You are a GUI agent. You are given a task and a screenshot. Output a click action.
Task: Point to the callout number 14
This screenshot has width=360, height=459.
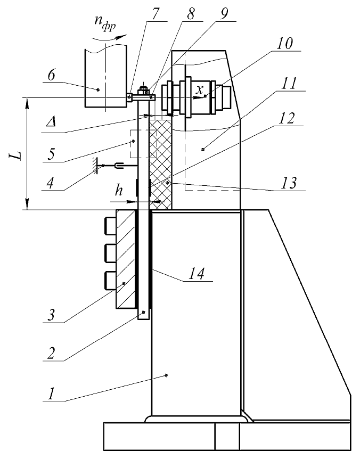tap(196, 274)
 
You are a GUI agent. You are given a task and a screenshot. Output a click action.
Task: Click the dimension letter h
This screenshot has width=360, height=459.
tap(119, 190)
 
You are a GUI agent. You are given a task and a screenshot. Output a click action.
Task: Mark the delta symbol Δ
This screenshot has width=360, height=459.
tap(51, 122)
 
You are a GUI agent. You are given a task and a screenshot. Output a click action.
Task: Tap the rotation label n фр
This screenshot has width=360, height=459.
tap(105, 23)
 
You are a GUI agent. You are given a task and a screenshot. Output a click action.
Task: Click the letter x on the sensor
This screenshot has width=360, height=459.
tap(199, 90)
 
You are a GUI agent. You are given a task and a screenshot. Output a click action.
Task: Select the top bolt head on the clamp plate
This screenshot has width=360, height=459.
tap(110, 225)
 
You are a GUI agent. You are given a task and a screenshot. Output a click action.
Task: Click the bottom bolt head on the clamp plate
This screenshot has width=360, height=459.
tap(110, 281)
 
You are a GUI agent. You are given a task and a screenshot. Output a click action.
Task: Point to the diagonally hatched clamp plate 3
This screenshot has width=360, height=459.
tap(126, 259)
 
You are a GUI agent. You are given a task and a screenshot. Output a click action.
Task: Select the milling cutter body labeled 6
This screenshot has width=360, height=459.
tap(106, 76)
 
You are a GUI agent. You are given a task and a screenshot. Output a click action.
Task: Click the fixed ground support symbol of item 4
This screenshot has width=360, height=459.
tap(94, 166)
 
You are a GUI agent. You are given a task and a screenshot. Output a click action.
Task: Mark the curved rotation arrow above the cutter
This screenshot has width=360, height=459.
tap(109, 38)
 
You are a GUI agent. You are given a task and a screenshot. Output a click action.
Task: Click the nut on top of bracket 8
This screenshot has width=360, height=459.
tap(143, 88)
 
